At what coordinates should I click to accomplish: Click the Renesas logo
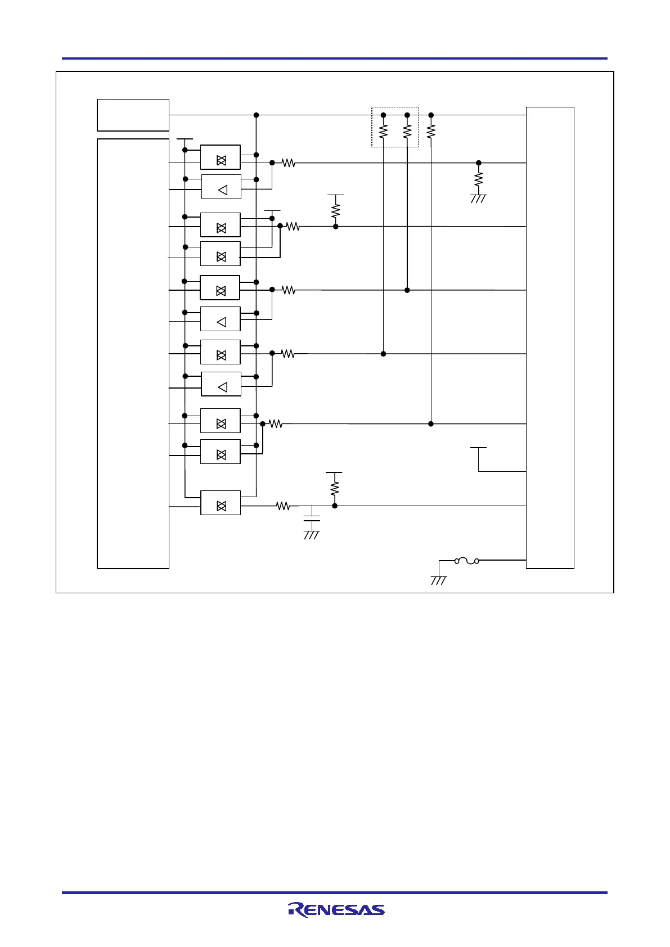[x=336, y=909]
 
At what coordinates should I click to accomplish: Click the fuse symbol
[x=466, y=560]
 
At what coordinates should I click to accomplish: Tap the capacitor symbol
[x=312, y=518]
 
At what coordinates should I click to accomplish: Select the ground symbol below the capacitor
[x=312, y=534]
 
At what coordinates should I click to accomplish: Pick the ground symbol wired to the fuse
[x=439, y=580]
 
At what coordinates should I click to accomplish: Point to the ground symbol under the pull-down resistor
[x=478, y=199]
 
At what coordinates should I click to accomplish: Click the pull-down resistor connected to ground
[x=479, y=179]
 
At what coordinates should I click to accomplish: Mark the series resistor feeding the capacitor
[x=284, y=506]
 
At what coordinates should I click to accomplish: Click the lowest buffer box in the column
[x=221, y=503]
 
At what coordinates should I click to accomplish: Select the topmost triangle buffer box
[x=221, y=187]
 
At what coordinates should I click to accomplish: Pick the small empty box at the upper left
[x=133, y=115]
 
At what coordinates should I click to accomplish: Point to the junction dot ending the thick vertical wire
[x=407, y=290]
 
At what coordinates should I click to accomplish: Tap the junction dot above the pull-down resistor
[x=479, y=163]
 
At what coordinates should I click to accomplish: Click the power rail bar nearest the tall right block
[x=478, y=448]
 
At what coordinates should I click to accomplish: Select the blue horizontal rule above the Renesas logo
[x=335, y=892]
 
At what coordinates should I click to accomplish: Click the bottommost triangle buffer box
[x=221, y=384]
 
